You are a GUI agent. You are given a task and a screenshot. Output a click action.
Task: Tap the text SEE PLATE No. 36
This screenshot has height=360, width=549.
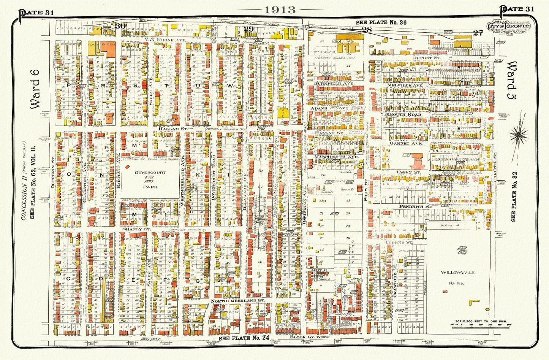point(381,22)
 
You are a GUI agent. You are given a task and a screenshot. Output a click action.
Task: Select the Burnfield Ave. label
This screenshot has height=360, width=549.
point(334,82)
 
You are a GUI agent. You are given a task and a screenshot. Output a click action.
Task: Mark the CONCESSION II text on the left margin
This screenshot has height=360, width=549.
point(24,201)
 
